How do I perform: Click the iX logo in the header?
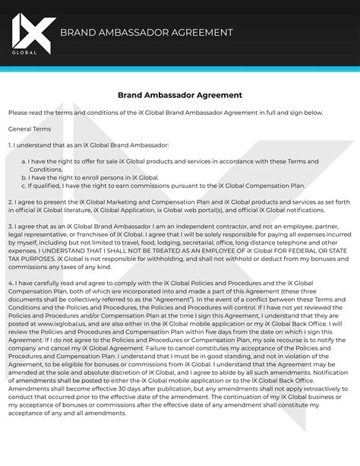click(x=32, y=28)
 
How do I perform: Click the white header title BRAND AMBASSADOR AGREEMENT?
click(x=146, y=33)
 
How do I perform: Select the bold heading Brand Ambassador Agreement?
click(x=179, y=96)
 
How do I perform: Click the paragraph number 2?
click(x=11, y=201)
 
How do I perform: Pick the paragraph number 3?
click(x=11, y=227)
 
